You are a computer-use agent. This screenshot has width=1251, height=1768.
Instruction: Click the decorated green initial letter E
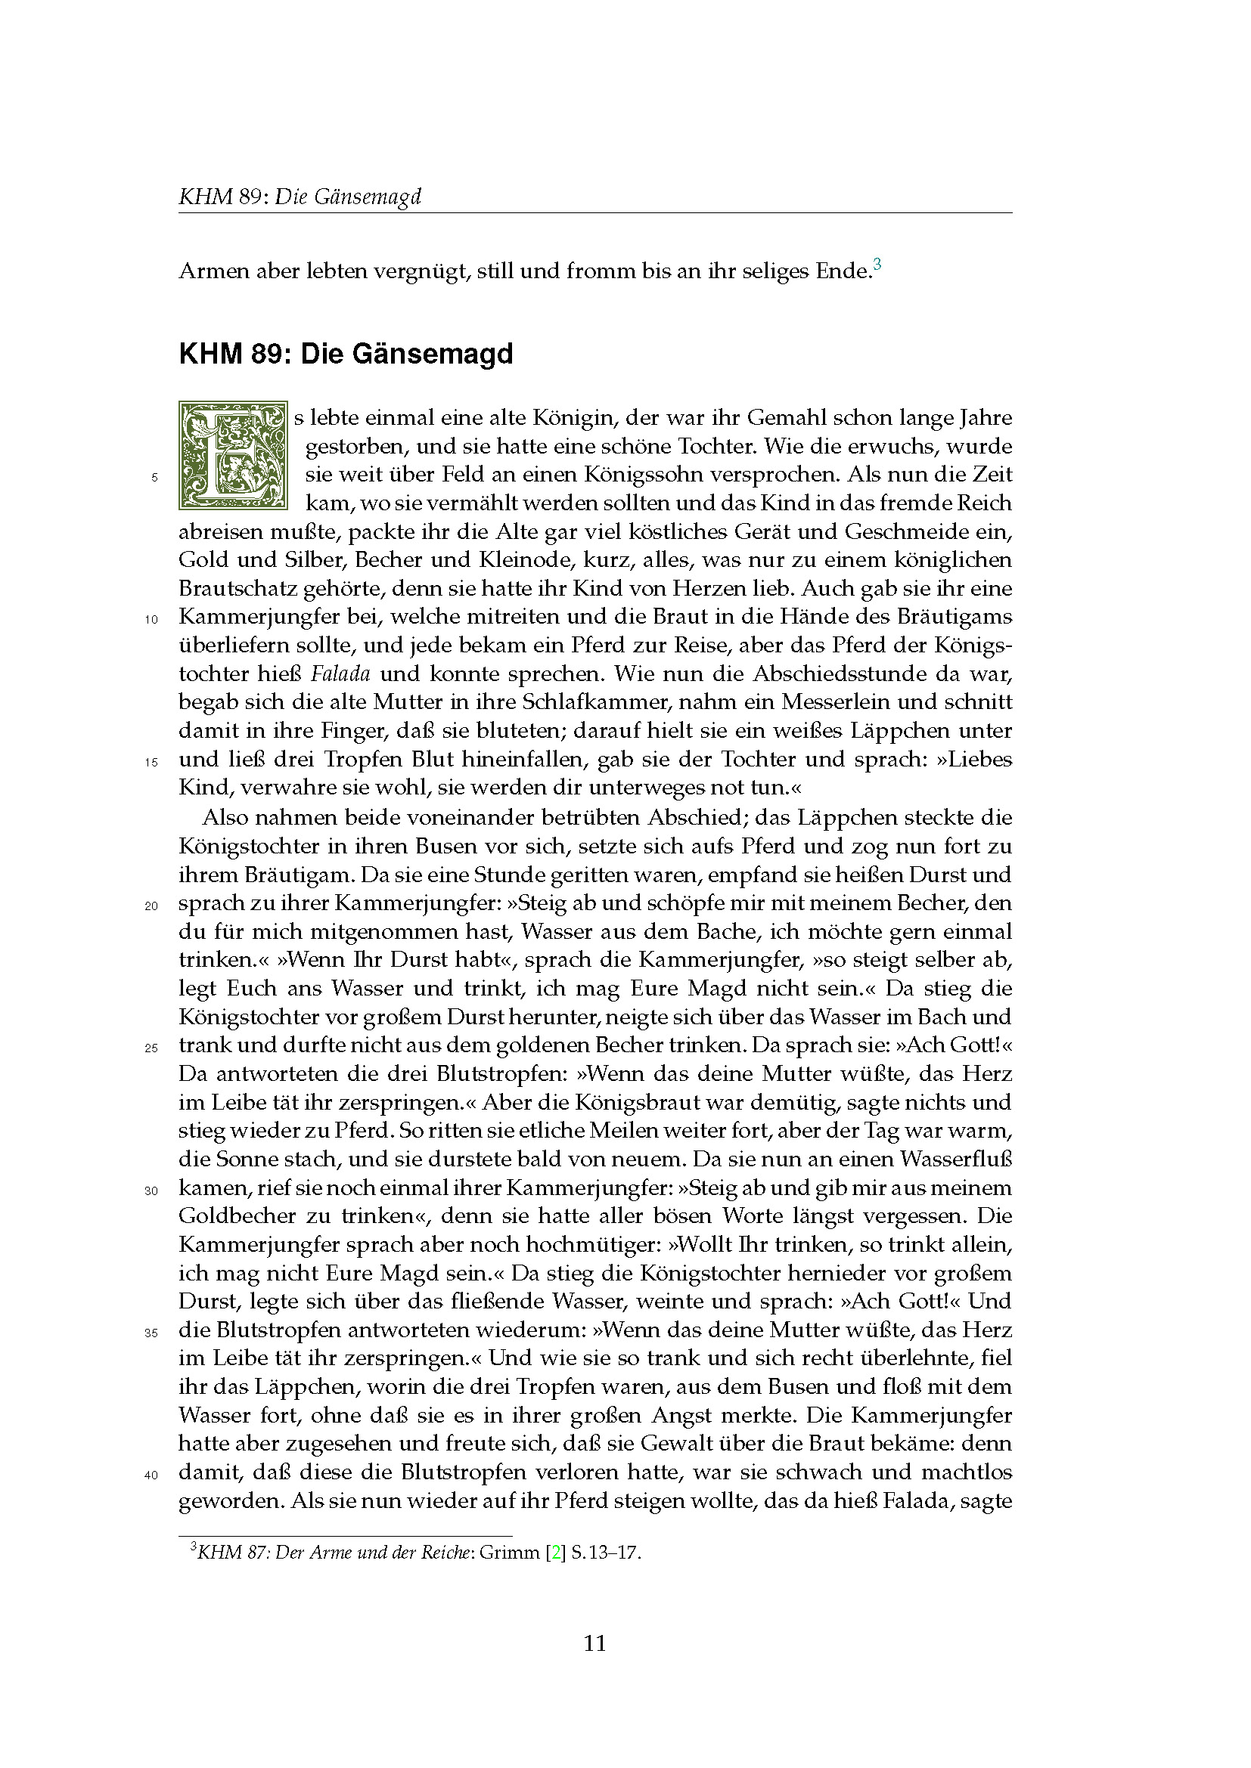click(233, 455)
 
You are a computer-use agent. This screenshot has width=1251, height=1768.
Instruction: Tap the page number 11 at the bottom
click(594, 1643)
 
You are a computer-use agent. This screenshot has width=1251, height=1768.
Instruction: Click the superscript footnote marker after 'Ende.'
click(877, 265)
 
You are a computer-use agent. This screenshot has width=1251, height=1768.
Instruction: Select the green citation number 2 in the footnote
click(554, 1552)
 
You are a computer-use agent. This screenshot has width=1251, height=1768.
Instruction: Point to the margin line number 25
click(151, 1047)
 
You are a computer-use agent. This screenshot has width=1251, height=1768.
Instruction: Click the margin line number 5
click(155, 478)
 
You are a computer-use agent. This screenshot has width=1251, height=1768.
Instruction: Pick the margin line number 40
click(151, 1475)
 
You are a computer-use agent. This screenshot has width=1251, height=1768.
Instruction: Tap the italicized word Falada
click(340, 673)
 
